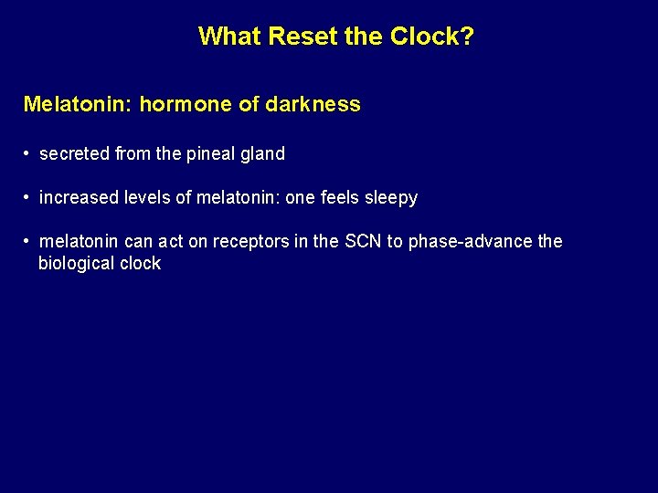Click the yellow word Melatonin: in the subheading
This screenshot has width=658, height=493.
tap(77, 104)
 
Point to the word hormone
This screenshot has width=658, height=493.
tap(186, 104)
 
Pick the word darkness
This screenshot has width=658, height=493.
tap(313, 104)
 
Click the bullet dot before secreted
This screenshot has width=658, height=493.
tap(28, 154)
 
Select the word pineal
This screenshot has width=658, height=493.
tap(211, 154)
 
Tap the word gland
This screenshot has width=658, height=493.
tap(263, 154)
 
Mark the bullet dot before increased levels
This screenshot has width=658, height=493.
tap(28, 198)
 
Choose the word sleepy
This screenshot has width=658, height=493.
tap(390, 198)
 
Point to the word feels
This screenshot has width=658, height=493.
tap(337, 198)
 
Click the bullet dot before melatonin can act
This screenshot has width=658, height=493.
tap(28, 242)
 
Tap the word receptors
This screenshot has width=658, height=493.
tap(249, 242)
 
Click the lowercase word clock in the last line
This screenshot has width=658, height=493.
tap(141, 264)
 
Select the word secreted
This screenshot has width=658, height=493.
tap(75, 154)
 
